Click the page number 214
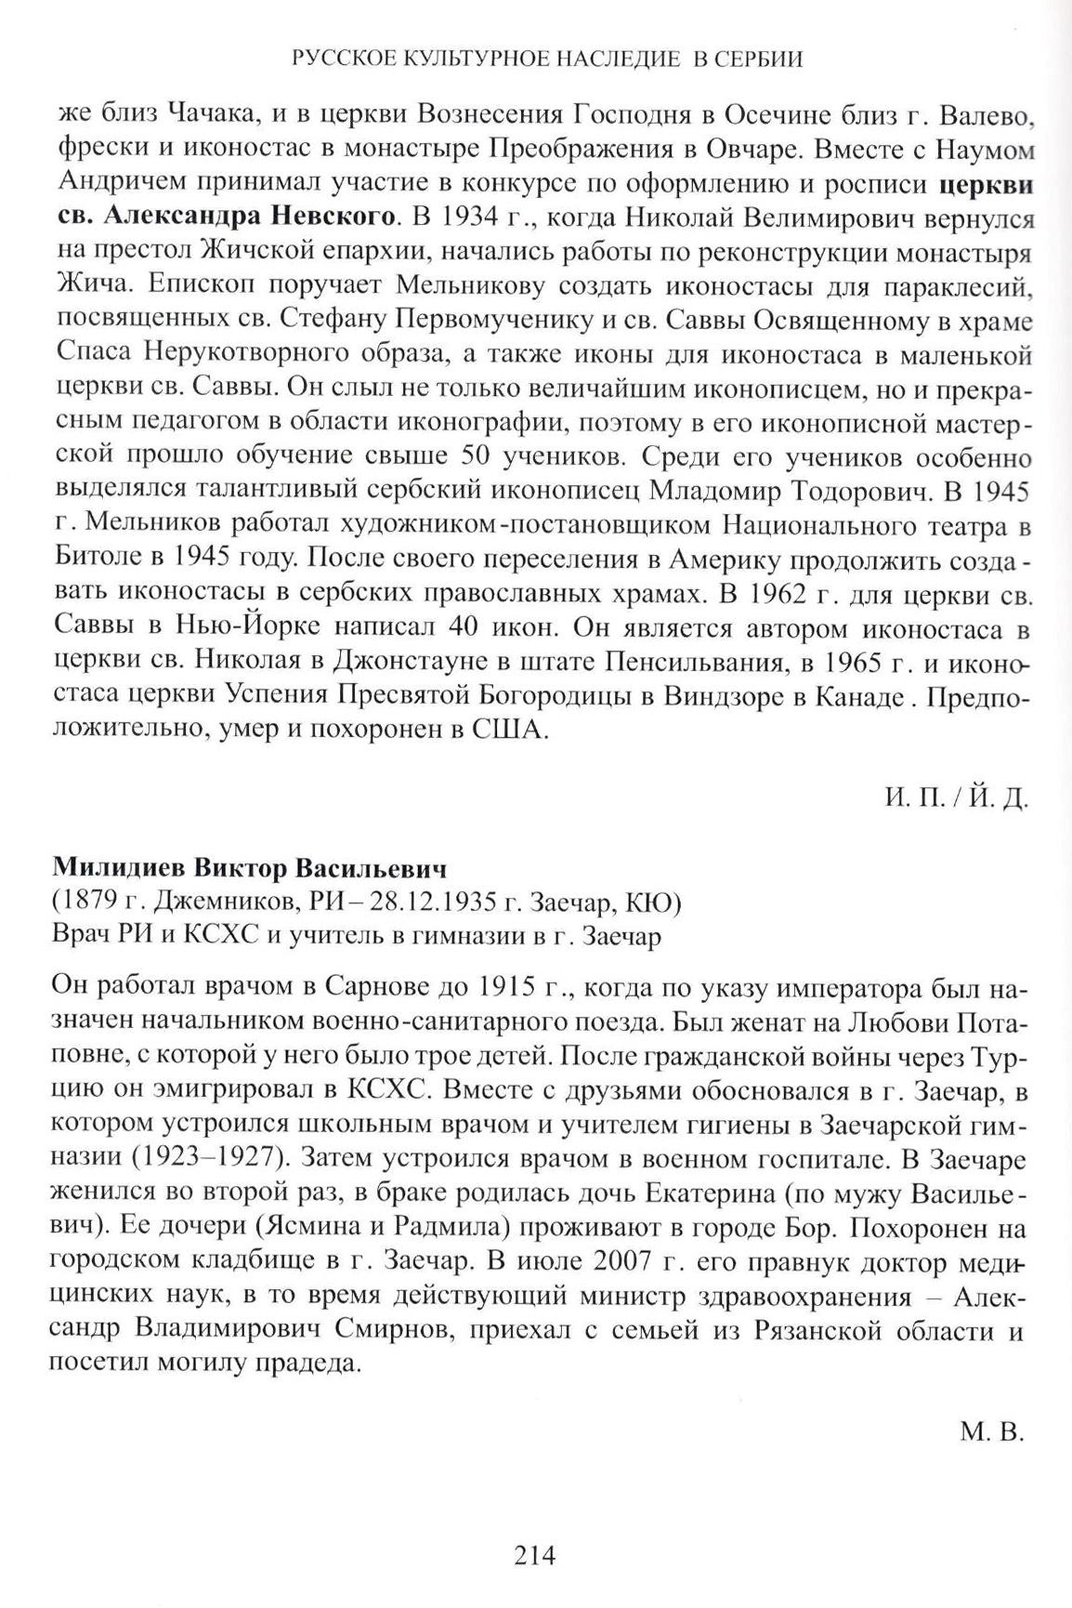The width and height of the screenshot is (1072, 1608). (535, 1554)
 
